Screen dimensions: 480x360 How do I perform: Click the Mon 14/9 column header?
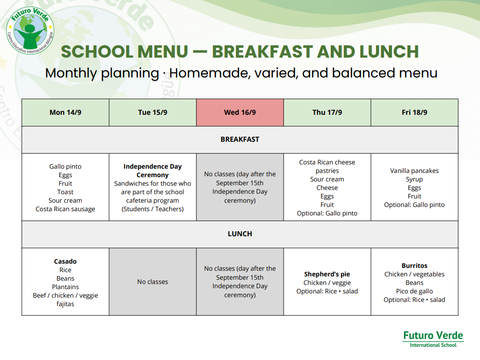(x=65, y=112)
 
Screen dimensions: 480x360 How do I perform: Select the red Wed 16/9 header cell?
(x=240, y=112)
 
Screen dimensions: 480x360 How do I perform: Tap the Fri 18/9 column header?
(x=414, y=112)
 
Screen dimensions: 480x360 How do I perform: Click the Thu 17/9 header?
(x=327, y=112)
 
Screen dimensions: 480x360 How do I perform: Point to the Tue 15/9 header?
(x=153, y=112)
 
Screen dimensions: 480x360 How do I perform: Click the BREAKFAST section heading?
(x=240, y=139)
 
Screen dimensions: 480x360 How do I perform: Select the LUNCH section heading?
(x=240, y=234)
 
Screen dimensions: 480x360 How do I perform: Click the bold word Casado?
(x=65, y=261)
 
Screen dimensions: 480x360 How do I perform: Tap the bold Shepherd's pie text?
(x=327, y=274)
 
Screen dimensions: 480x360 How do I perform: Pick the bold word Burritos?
(x=414, y=266)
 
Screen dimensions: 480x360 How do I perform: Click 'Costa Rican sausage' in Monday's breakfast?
(x=65, y=209)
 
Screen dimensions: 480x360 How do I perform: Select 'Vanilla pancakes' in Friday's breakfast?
(x=414, y=171)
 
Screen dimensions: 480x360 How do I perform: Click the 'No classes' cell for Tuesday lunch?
(x=153, y=282)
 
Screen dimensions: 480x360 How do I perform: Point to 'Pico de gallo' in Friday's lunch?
(x=414, y=291)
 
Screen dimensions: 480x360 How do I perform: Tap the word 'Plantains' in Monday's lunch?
(x=65, y=287)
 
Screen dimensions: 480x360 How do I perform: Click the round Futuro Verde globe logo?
(x=30, y=31)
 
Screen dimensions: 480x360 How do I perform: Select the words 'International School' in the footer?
(x=433, y=345)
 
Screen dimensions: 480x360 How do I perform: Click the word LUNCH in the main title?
(x=389, y=51)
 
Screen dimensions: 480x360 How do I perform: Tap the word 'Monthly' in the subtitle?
(x=71, y=73)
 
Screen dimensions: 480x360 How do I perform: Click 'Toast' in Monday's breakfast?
(x=65, y=192)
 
